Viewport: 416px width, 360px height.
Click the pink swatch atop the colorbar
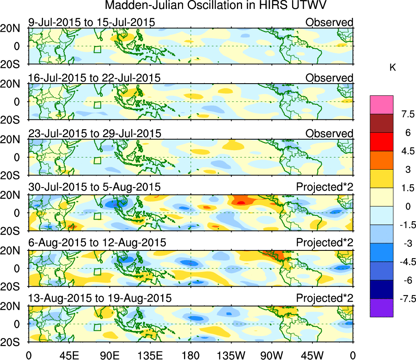(381, 105)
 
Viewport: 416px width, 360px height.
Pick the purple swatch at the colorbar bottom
(381, 308)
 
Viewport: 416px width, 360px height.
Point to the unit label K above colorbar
(393, 68)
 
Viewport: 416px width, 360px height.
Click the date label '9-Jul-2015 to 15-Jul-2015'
(91, 22)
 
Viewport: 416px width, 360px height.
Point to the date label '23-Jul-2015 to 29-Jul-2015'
(95, 133)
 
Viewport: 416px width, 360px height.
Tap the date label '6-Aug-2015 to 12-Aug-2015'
(97, 243)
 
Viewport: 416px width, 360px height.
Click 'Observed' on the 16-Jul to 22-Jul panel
(329, 78)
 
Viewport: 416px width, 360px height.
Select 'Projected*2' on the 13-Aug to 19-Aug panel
(325, 298)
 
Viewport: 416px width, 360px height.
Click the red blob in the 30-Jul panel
(240, 202)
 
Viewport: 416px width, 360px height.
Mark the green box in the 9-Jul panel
(97, 50)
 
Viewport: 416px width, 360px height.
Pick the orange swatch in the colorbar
(381, 160)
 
